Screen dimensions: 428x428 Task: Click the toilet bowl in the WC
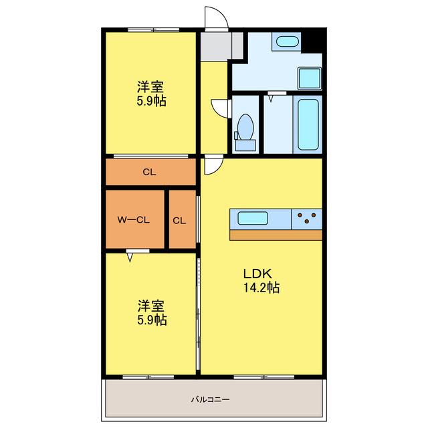tap(245, 128)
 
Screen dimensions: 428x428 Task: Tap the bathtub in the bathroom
tap(308, 124)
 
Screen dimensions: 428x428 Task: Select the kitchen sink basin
tap(253, 218)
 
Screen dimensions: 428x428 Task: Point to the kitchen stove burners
tap(307, 218)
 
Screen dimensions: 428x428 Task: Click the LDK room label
tap(257, 274)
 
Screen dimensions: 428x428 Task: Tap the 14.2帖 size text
tap(261, 288)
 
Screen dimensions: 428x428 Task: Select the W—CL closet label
tap(134, 220)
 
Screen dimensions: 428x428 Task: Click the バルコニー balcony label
tap(210, 400)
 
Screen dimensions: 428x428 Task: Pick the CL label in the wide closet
tap(149, 172)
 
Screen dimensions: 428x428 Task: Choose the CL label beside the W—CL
tap(179, 221)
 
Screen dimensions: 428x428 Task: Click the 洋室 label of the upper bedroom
tap(150, 87)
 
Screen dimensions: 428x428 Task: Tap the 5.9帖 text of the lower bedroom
tap(152, 320)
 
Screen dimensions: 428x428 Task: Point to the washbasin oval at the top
tap(287, 41)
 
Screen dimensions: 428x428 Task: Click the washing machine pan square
tap(310, 78)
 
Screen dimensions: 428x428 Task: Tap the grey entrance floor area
tap(221, 46)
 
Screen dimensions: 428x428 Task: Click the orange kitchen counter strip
tap(276, 235)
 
